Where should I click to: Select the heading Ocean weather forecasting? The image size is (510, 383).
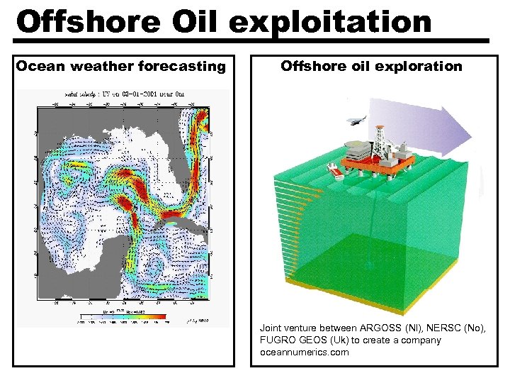(x=120, y=67)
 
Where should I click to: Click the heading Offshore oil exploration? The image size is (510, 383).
(x=371, y=67)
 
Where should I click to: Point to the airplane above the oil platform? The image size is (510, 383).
(x=356, y=121)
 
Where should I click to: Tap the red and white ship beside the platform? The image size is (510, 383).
(x=332, y=171)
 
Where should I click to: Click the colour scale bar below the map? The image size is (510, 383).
(x=123, y=316)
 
